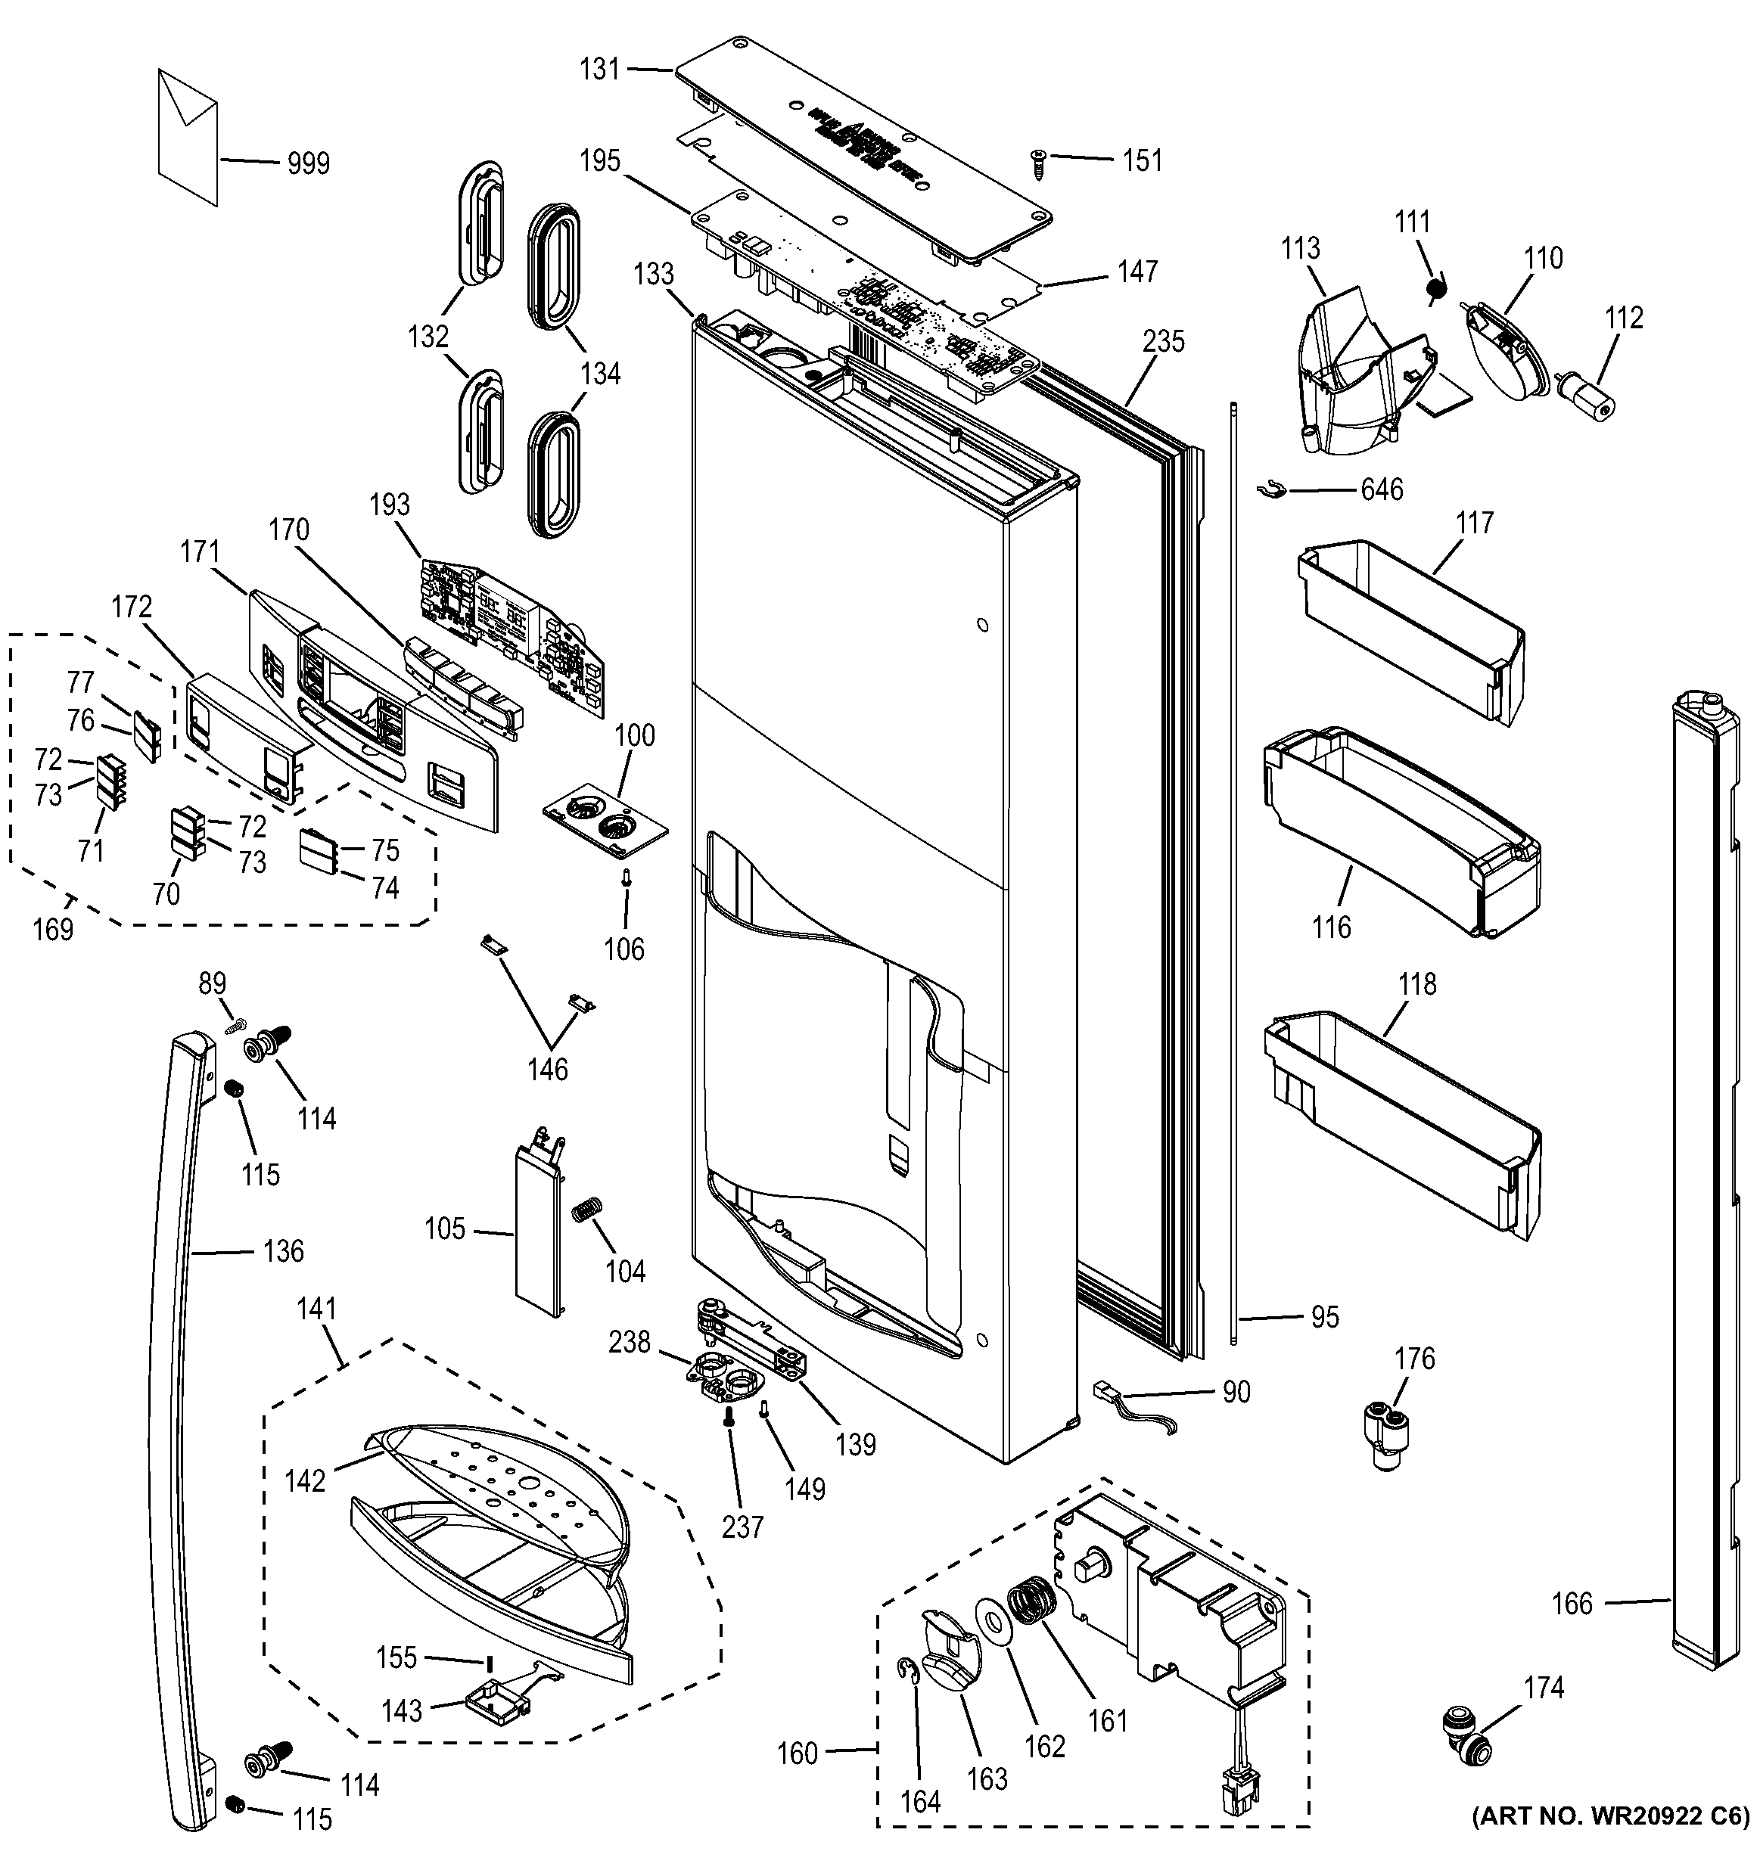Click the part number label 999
(x=308, y=164)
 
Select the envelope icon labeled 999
(x=188, y=137)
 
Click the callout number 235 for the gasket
(x=1163, y=341)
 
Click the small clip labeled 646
(x=1271, y=489)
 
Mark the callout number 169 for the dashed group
(x=53, y=929)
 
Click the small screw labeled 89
(x=235, y=1022)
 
